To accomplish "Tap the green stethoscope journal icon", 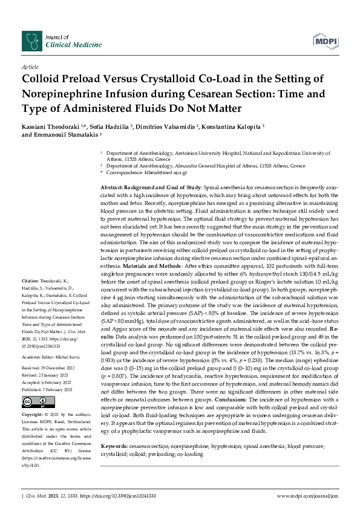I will tap(31, 41).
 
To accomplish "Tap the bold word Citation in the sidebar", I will tap(30, 282).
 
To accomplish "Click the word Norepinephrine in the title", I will tap(62, 94).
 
